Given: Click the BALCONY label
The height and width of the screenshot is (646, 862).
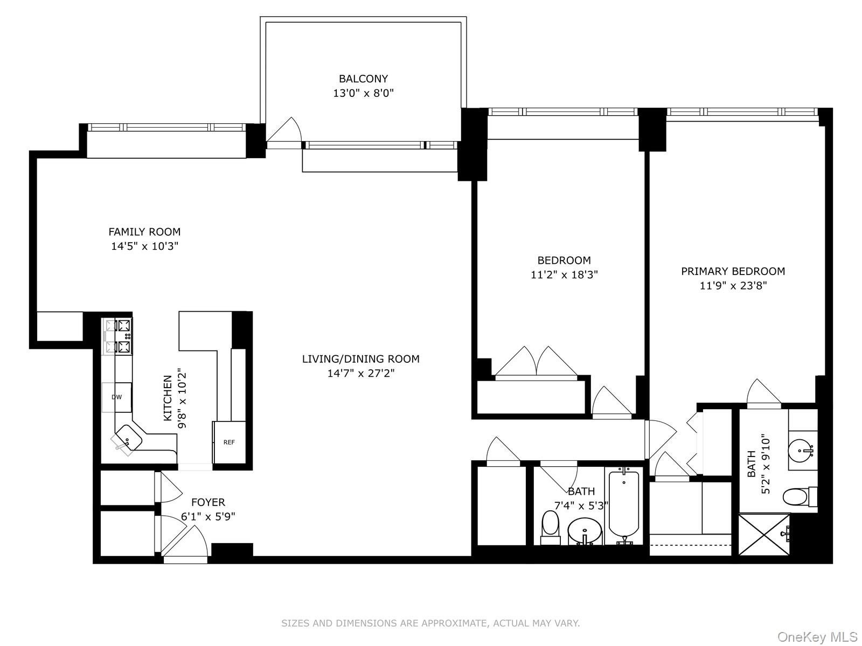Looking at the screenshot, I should click(x=363, y=79).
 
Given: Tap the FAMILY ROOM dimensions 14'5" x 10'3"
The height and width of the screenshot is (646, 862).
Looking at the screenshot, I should click(x=144, y=247).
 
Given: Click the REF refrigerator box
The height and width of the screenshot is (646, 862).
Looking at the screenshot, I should click(x=229, y=442).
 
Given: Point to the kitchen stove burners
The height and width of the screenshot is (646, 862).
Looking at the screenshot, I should click(x=118, y=336).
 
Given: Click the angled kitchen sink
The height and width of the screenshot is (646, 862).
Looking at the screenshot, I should click(x=128, y=437).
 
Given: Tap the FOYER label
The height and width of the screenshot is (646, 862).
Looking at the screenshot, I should click(x=208, y=502).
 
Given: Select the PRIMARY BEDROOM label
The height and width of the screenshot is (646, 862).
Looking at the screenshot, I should click(x=733, y=271).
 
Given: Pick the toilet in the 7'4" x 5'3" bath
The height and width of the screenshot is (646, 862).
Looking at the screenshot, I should click(x=550, y=524).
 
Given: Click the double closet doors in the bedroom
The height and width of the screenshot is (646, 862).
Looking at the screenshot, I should click(x=536, y=362).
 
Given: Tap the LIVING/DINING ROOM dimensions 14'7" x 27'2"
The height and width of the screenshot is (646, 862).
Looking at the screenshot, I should click(x=361, y=373).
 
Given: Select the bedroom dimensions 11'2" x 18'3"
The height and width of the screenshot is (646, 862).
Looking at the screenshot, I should click(x=564, y=275).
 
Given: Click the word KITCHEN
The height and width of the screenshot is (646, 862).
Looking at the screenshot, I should click(x=168, y=398).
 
